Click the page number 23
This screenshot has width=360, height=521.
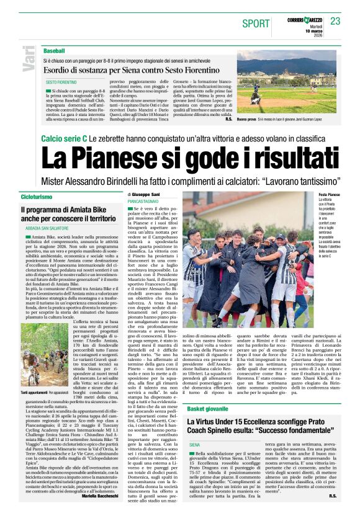(335, 21)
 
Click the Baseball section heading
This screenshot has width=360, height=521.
(54, 50)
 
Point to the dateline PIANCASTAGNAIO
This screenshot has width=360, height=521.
(144, 202)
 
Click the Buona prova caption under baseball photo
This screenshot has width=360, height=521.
(246, 118)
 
